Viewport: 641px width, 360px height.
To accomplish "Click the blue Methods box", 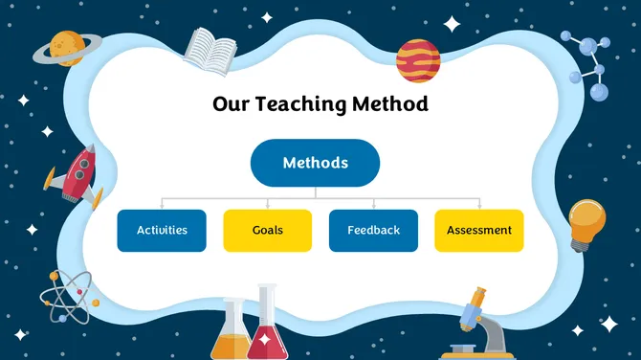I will point(315,163).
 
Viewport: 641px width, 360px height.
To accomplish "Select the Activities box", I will point(162,231).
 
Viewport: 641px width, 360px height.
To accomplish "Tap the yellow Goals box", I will point(267,231).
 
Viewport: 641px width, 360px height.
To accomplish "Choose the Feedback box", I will point(373,231).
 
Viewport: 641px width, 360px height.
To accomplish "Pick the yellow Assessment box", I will point(478,231).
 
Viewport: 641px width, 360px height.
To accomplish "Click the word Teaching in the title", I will point(302,103).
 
